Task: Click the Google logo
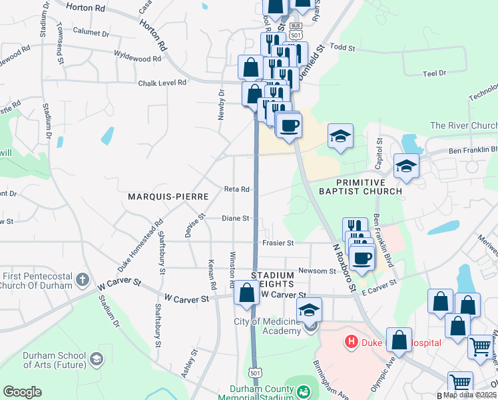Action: (23, 392)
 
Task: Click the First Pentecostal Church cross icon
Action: (83, 279)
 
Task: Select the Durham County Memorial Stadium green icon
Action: (304, 391)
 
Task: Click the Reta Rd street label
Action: (236, 189)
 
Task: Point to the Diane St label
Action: (235, 218)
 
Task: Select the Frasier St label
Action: (278, 243)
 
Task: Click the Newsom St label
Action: (317, 271)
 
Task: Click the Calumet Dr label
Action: (91, 32)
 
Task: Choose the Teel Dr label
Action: (434, 73)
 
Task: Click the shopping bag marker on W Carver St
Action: (246, 292)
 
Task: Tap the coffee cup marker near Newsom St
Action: (362, 257)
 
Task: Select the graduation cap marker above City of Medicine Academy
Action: (309, 309)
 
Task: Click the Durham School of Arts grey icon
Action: (97, 361)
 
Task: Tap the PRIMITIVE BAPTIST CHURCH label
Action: (369, 187)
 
